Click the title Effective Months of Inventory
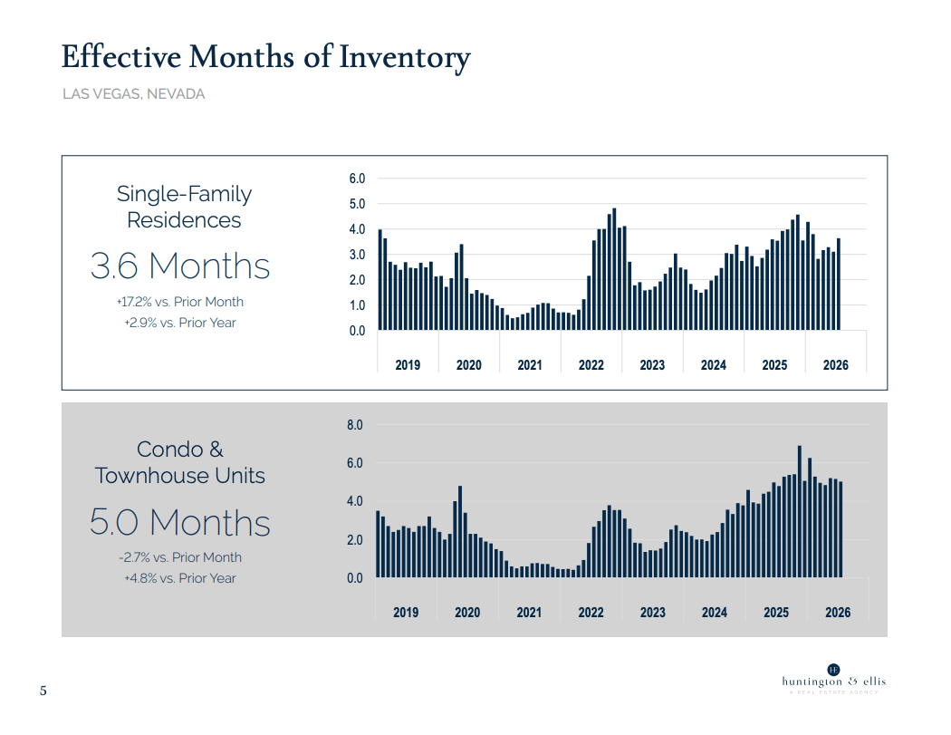point(265,58)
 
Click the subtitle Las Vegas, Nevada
point(133,94)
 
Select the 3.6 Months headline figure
point(180,266)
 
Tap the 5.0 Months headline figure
point(180,523)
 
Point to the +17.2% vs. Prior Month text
point(180,302)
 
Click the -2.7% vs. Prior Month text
point(180,557)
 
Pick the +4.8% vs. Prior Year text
point(180,578)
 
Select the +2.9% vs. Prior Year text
point(180,323)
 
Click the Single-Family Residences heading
point(184,207)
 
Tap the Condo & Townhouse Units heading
point(180,462)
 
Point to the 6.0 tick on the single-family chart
point(357,179)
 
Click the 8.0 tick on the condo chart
point(355,425)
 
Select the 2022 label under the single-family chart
point(591,364)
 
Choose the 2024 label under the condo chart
point(715,613)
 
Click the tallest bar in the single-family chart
point(614,269)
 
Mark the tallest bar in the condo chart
point(800,512)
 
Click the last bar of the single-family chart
point(839,285)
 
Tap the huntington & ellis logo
point(834,680)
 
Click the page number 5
point(43,691)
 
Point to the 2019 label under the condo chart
point(406,613)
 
